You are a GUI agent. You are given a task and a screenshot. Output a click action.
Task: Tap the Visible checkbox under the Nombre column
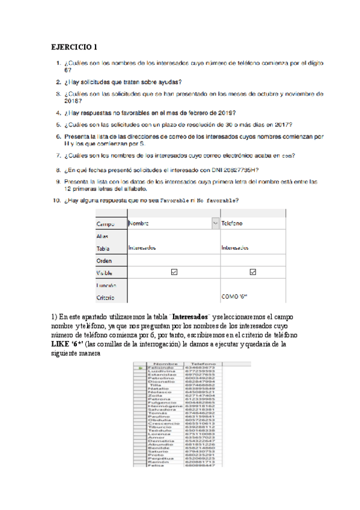coord(174,272)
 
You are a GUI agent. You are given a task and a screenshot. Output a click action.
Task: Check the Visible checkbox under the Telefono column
coord(253,272)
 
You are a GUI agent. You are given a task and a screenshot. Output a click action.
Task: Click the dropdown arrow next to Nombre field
coord(215,223)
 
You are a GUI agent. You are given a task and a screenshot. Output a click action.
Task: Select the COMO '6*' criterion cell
coord(234,297)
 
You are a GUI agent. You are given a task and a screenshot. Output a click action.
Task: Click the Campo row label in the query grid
coord(106,224)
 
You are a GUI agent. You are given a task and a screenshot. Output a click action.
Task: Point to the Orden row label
coord(105,260)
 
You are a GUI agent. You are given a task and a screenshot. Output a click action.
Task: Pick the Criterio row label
coord(106,297)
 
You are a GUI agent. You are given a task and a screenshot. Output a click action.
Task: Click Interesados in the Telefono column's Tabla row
coord(236,247)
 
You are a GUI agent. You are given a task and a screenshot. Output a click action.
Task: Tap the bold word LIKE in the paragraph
coord(60,344)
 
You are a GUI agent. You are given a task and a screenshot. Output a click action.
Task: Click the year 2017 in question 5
coord(282,125)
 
